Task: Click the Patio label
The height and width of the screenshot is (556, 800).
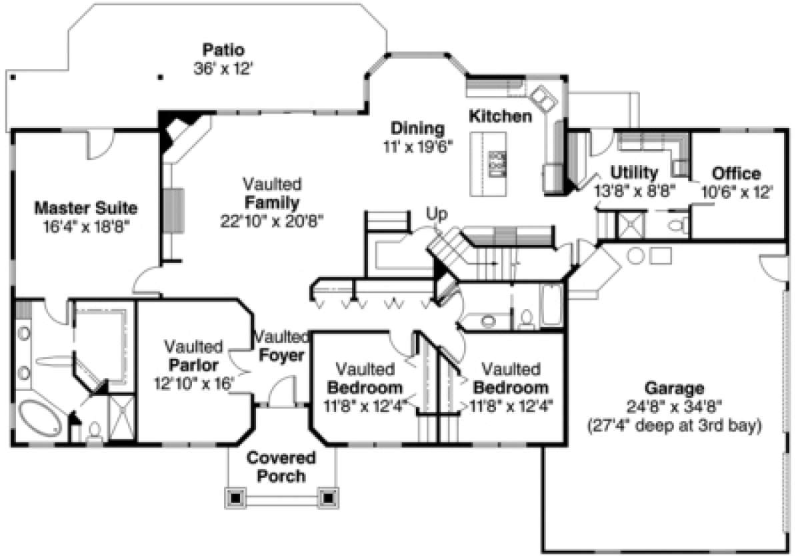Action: [223, 50]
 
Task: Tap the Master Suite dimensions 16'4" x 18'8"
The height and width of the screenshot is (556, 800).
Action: [86, 226]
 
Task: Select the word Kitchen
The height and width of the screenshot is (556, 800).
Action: [501, 117]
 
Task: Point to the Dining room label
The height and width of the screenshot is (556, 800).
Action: [417, 129]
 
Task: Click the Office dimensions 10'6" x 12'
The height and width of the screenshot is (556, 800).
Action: [737, 192]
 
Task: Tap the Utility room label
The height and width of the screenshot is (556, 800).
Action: [634, 173]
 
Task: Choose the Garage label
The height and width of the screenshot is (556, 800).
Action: [674, 388]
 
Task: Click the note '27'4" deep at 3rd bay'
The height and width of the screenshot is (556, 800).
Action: [675, 425]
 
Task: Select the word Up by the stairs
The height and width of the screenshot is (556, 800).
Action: [437, 214]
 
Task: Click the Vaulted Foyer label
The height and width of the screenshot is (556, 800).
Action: [281, 346]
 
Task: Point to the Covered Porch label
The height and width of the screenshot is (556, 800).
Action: [281, 467]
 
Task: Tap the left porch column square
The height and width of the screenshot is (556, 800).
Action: [235, 497]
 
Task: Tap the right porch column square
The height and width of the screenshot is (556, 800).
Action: [328, 497]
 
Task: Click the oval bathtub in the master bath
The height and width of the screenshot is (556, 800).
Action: [40, 418]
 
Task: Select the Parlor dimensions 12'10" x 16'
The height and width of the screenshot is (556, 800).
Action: [194, 384]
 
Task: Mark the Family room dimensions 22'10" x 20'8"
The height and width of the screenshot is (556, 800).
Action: [272, 221]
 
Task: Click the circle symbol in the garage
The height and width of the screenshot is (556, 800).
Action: [635, 256]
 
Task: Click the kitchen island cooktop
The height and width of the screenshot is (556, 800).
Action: [497, 164]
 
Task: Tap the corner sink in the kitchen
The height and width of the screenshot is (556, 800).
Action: [543, 99]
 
